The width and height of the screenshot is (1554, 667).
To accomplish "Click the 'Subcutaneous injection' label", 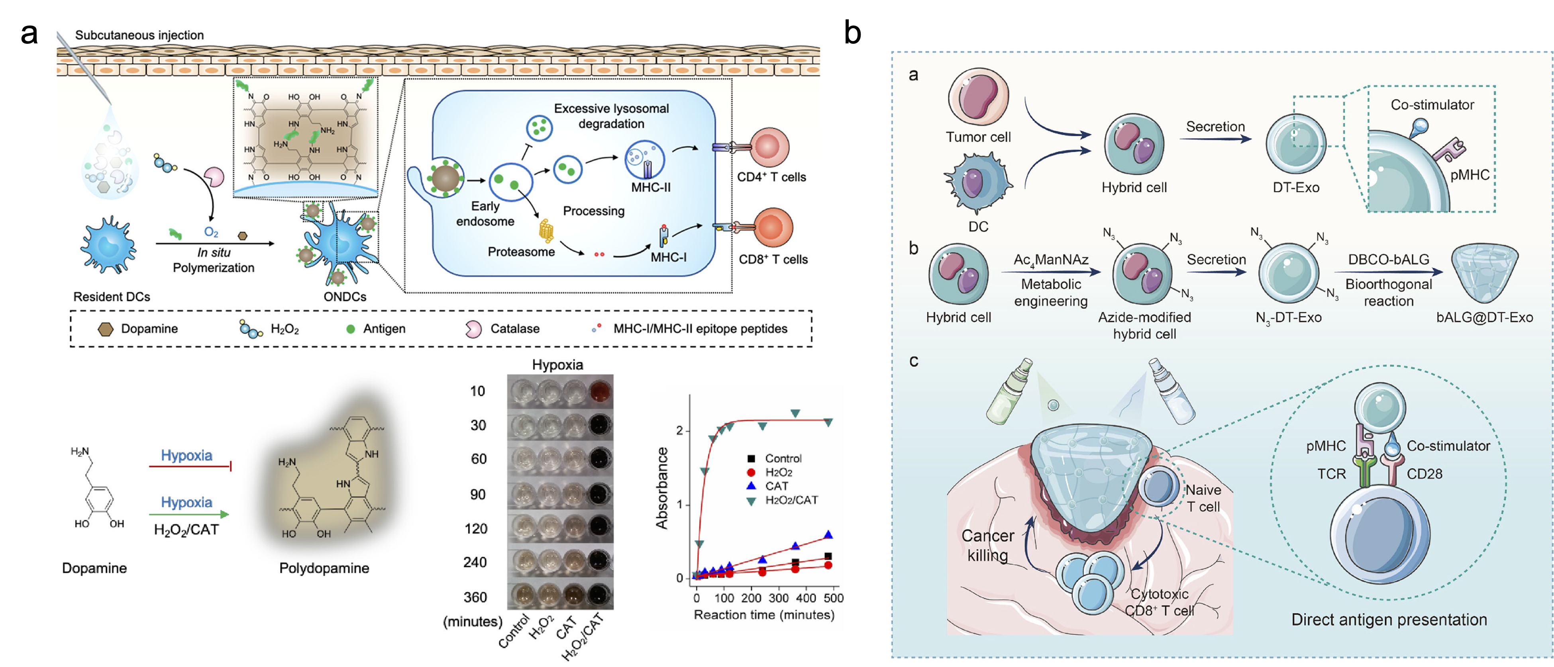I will click(x=139, y=35).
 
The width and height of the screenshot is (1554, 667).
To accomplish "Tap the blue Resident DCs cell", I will click(x=109, y=245).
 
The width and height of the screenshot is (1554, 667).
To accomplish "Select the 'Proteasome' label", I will click(x=521, y=252).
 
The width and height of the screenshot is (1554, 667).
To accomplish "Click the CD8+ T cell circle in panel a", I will click(x=773, y=227).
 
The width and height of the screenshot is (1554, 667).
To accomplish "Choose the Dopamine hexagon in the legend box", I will click(x=106, y=329).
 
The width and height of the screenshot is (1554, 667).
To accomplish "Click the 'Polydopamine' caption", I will click(x=324, y=568).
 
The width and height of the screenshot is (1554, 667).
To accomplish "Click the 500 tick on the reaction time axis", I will click(x=834, y=598).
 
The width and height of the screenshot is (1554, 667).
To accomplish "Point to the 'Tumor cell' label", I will click(x=978, y=137).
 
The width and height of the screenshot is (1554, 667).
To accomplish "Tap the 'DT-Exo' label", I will click(x=1296, y=188).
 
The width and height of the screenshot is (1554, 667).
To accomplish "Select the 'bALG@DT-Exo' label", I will click(x=1484, y=317).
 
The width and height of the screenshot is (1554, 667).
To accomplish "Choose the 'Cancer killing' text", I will click(x=987, y=545).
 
